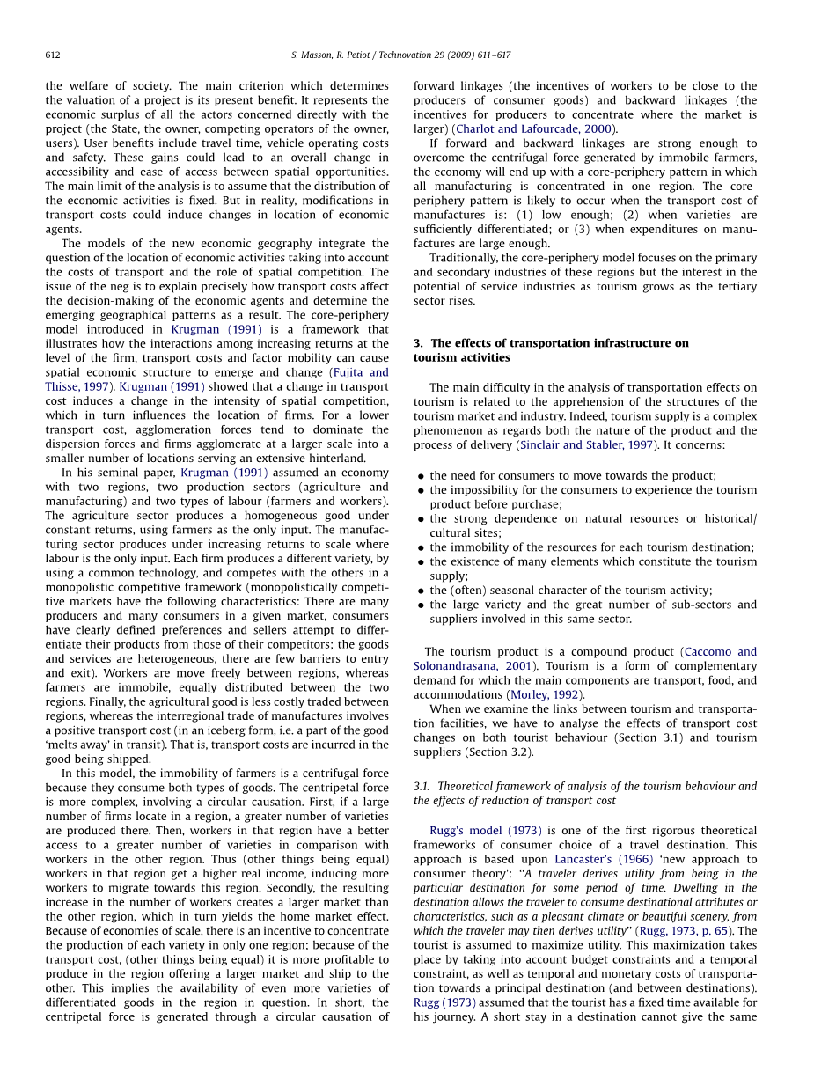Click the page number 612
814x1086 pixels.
[x=53, y=55]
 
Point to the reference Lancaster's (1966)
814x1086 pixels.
[x=604, y=860]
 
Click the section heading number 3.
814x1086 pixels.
[x=417, y=343]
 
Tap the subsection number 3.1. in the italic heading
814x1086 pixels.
[x=422, y=787]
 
